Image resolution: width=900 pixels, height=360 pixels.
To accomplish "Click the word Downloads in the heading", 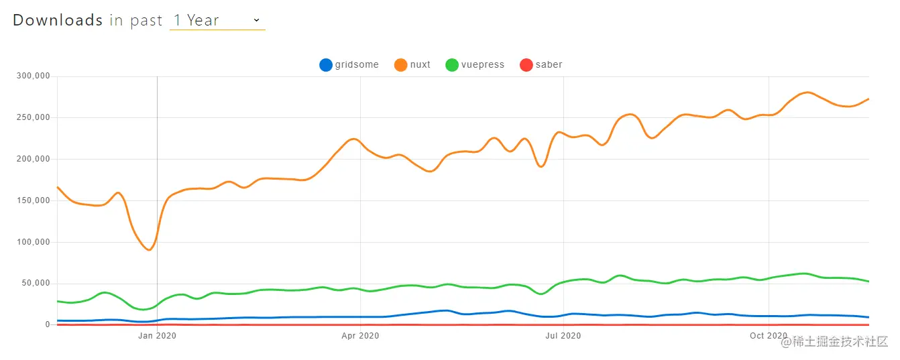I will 58,20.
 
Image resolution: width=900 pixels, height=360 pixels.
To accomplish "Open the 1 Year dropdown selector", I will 217,20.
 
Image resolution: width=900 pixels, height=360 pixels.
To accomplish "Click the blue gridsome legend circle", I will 326,65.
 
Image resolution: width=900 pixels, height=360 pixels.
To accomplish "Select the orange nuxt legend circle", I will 401,65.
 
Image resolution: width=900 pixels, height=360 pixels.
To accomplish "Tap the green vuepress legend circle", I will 452,65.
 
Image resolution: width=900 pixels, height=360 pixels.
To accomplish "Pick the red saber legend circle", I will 526,65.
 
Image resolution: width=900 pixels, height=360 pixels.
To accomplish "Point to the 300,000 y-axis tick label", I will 34,76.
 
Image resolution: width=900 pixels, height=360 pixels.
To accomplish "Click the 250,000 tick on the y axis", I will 34,117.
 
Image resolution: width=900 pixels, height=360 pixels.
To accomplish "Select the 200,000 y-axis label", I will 34,159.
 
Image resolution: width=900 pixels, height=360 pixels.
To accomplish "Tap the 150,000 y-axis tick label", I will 34,200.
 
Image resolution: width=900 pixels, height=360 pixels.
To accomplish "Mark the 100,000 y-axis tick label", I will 34,242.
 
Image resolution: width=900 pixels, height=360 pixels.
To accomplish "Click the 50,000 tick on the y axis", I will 36,284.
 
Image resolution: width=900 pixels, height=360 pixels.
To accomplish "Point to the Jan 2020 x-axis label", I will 157,335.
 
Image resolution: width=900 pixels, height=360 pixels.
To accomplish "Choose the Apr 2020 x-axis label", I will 360,335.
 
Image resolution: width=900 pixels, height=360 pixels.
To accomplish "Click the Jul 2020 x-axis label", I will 563,335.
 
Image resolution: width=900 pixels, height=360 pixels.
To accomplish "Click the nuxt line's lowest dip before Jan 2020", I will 149,250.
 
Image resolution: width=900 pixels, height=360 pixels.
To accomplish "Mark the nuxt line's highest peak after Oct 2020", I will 807,92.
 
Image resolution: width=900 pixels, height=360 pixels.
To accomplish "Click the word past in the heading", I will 147,20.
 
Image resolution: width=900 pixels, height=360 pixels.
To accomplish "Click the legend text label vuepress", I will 484,65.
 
